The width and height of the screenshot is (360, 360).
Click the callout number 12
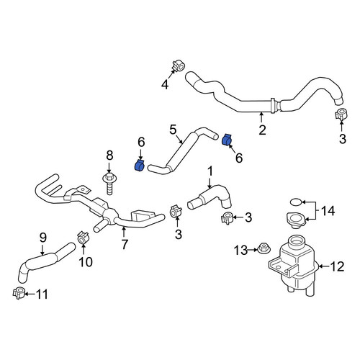pyautogui.click(x=337, y=266)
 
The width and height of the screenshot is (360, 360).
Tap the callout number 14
pyautogui.click(x=328, y=211)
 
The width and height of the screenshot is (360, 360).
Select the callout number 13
pyautogui.click(x=240, y=251)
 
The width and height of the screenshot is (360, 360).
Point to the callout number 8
pyautogui.click(x=109, y=156)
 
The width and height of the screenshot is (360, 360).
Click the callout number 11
pyautogui.click(x=42, y=294)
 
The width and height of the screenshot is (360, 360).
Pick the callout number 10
pyautogui.click(x=86, y=262)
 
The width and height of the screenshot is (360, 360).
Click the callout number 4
pyautogui.click(x=165, y=84)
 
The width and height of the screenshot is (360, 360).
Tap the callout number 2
pyautogui.click(x=262, y=130)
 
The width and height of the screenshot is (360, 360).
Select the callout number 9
pyautogui.click(x=42, y=238)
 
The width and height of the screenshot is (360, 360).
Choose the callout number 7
pyautogui.click(x=124, y=244)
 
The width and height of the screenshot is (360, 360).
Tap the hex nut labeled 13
pyautogui.click(x=264, y=248)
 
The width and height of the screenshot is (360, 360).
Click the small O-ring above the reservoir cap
pyautogui.click(x=295, y=202)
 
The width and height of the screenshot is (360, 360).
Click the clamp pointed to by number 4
pyautogui.click(x=178, y=66)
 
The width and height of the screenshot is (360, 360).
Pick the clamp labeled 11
pyautogui.click(x=18, y=292)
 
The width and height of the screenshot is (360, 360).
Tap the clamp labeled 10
pyautogui.click(x=83, y=238)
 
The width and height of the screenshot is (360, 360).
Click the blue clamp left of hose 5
pyautogui.click(x=140, y=166)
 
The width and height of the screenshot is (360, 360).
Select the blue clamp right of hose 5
pyautogui.click(x=227, y=140)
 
